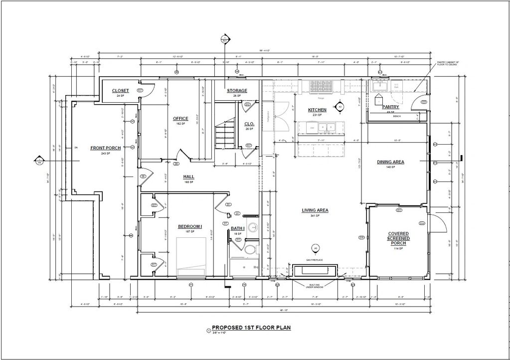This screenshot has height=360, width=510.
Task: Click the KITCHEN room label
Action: click(x=317, y=110)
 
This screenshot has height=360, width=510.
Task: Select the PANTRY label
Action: click(x=390, y=107)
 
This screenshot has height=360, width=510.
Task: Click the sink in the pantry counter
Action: click(x=379, y=86)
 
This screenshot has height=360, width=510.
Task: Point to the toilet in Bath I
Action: click(x=249, y=249)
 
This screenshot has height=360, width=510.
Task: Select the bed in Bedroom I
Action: click(x=191, y=256)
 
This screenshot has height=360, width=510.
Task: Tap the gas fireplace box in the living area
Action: click(x=315, y=271)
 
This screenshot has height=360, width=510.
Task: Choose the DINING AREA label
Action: click(x=390, y=162)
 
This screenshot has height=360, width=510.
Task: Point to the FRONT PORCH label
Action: click(x=105, y=148)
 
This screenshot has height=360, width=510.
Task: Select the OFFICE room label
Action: click(x=180, y=119)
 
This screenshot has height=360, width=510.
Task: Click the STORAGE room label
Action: click(x=237, y=91)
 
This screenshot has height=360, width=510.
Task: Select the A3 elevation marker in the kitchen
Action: click(x=340, y=107)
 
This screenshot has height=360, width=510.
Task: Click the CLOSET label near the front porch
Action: click(x=120, y=91)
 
